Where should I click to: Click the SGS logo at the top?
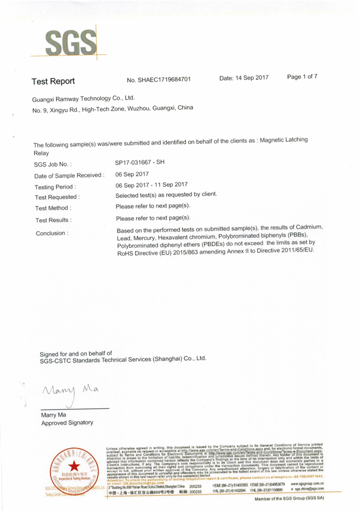(71, 42)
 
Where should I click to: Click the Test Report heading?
(53, 80)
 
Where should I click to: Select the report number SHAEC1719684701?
(159, 79)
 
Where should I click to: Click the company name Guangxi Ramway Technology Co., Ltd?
(83, 98)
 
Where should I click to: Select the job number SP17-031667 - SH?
(139, 163)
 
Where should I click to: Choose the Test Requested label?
(58, 197)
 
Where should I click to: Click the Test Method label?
(54, 208)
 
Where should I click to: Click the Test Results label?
(53, 220)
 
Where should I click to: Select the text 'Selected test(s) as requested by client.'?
(166, 195)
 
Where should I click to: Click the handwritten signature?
(67, 394)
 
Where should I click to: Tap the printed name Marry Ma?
(53, 414)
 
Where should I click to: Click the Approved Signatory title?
(67, 423)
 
